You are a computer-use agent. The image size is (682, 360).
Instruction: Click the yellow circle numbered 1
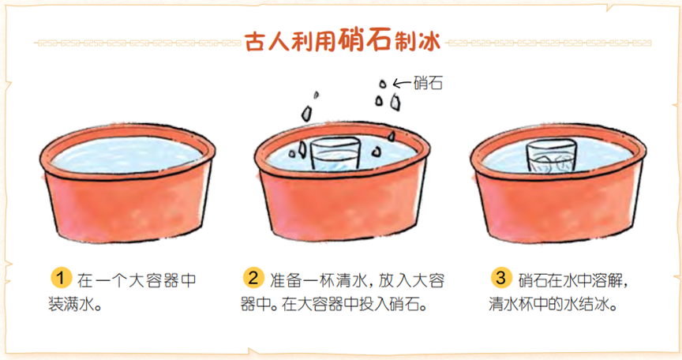(61, 278)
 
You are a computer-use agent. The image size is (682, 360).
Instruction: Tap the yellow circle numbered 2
(253, 278)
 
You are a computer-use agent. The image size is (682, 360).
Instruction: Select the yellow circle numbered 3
(501, 277)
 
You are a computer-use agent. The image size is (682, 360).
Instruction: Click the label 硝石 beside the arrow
(428, 83)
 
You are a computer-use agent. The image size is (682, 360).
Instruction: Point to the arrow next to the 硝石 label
(402, 83)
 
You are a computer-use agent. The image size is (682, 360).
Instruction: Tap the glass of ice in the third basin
(551, 156)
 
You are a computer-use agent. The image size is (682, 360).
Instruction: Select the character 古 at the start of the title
(255, 42)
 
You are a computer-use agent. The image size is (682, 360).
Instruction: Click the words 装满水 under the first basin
(70, 304)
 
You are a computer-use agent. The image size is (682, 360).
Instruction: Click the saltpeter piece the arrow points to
(383, 84)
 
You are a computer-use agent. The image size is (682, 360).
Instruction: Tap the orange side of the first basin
(127, 208)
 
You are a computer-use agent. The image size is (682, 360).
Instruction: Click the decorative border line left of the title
(137, 43)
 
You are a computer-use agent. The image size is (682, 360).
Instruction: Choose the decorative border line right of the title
(549, 43)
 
